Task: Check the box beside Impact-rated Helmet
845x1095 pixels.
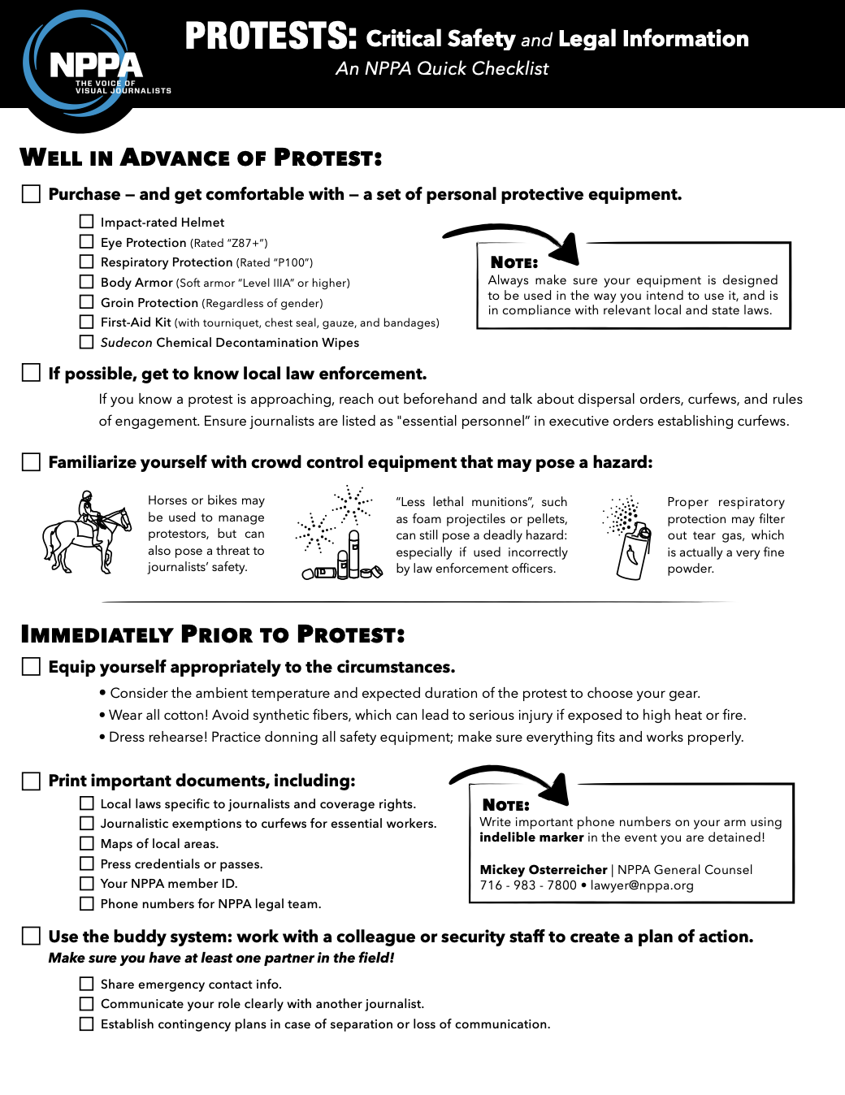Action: [87, 221]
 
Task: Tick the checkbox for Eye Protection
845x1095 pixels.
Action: [87, 241]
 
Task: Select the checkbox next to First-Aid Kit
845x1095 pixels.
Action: [87, 322]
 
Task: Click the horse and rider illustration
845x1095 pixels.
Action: [87, 533]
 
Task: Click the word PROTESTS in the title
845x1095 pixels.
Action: [271, 37]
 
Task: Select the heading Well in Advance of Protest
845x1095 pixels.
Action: [201, 158]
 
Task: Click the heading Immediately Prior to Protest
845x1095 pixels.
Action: [212, 634]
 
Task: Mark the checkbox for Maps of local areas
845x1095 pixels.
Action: [87, 843]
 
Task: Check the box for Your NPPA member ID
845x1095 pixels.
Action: [87, 883]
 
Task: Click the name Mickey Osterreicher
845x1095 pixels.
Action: [544, 869]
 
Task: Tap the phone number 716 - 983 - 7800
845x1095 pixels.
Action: [528, 885]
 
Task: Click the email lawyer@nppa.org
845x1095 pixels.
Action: [642, 885]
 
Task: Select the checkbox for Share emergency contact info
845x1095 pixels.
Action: [87, 984]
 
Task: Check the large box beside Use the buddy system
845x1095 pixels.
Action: [31, 936]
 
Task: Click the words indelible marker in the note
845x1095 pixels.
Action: [531, 837]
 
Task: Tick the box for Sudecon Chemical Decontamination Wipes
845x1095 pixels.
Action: [87, 342]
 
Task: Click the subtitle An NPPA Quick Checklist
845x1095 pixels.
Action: [442, 69]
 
